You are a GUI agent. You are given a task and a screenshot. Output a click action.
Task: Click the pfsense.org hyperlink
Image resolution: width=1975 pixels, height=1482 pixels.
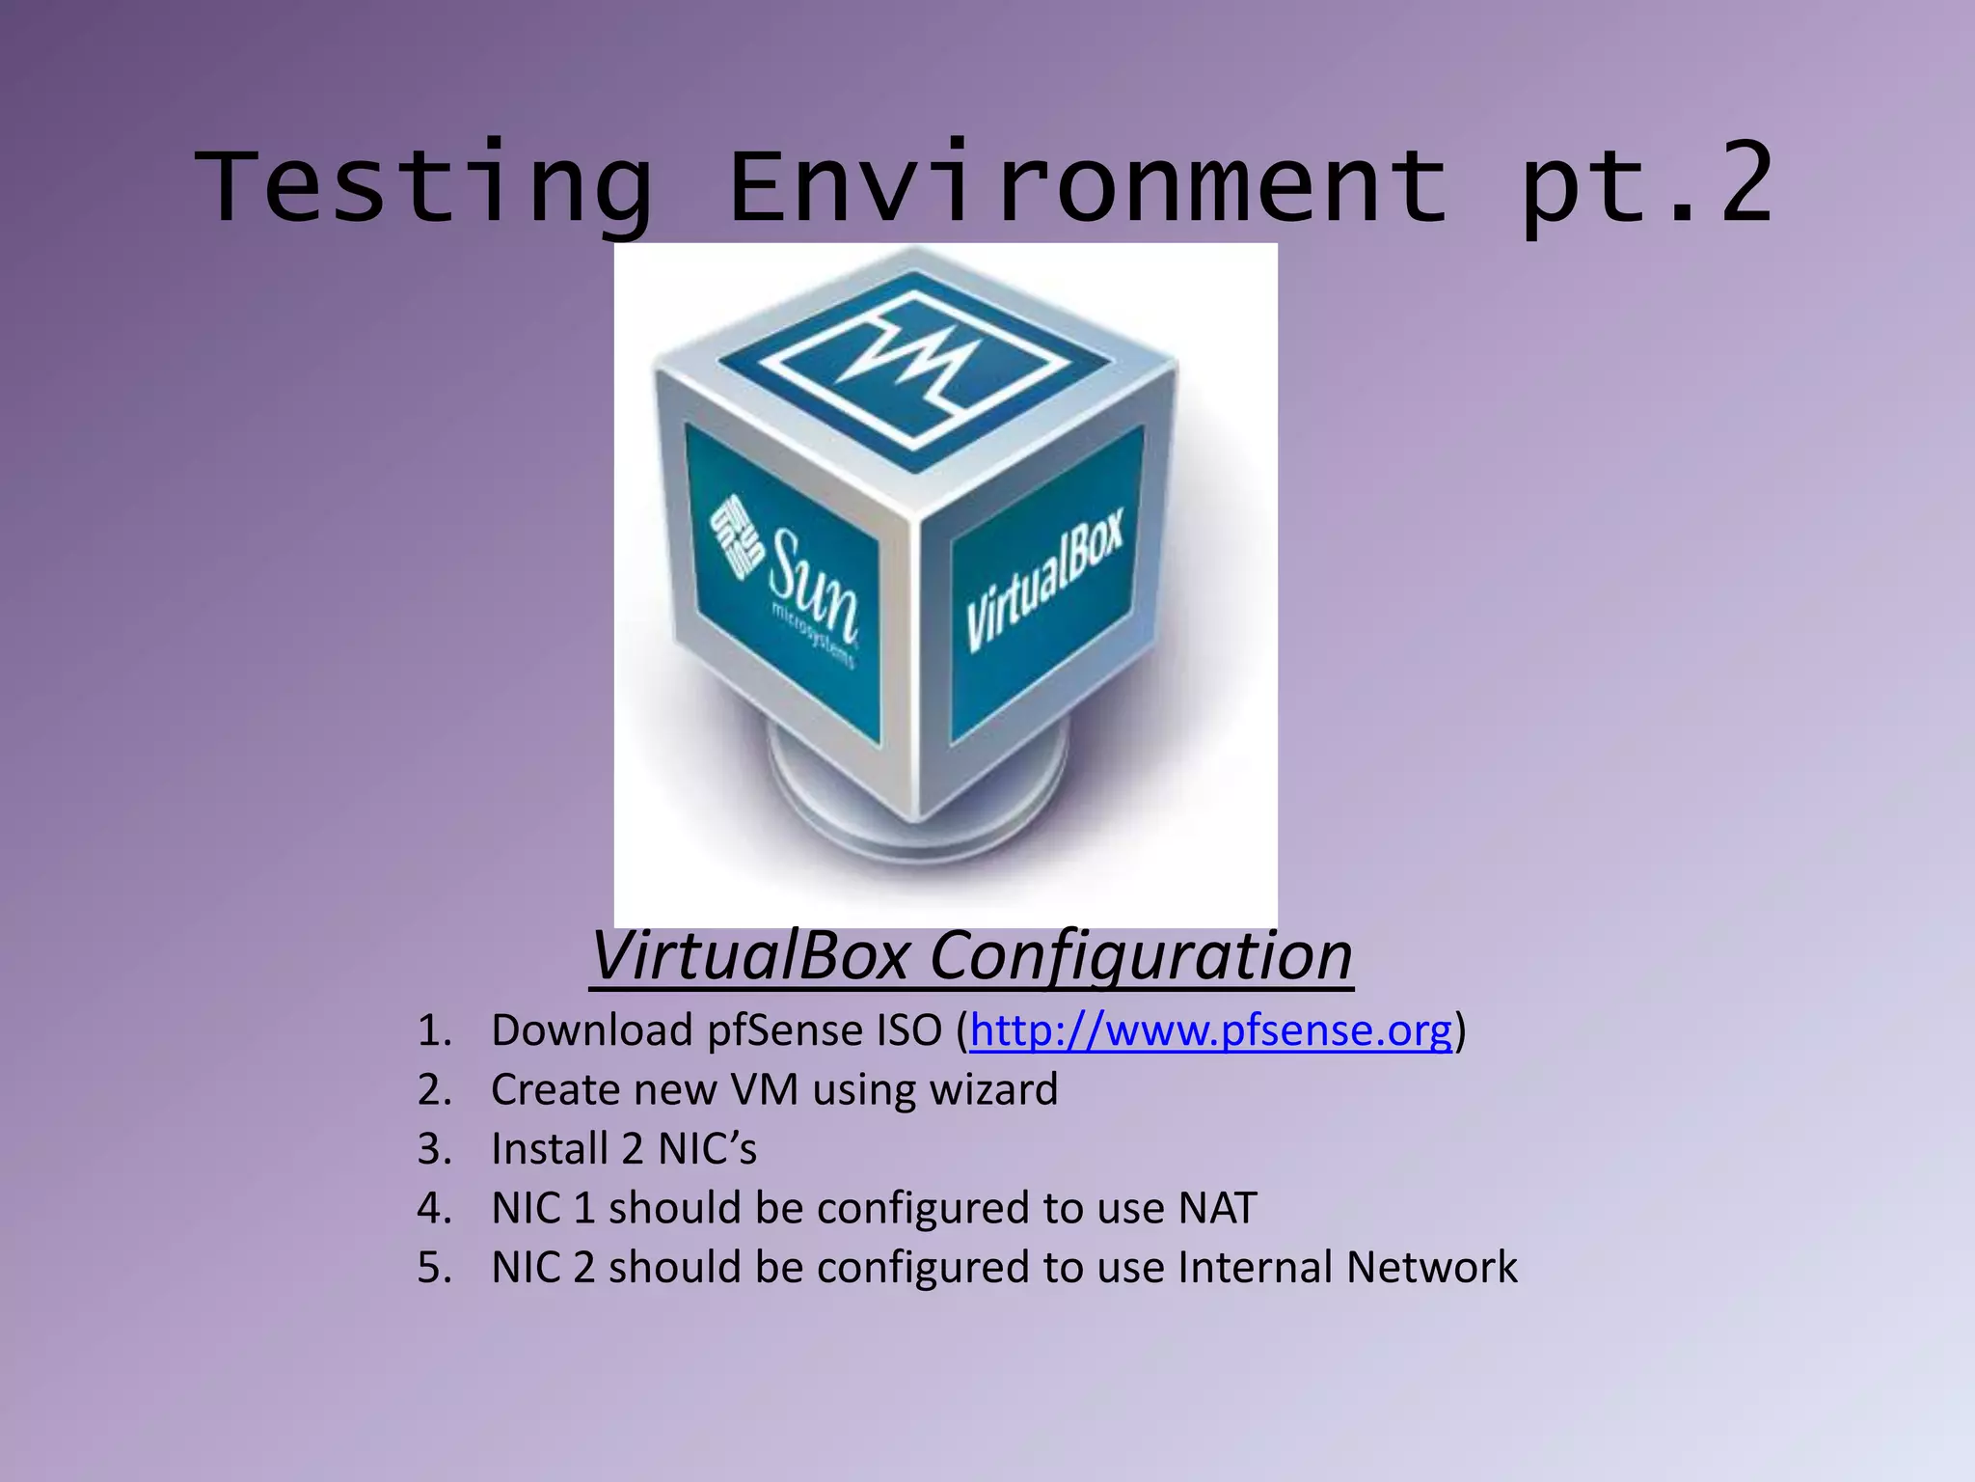(x=1210, y=1030)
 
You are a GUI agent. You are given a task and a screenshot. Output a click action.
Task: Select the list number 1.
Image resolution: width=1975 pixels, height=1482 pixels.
(x=433, y=1030)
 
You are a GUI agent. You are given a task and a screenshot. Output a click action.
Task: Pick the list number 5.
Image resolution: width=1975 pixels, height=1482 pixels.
(x=433, y=1267)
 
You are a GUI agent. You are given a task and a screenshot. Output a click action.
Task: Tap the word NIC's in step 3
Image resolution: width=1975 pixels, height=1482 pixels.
(x=707, y=1149)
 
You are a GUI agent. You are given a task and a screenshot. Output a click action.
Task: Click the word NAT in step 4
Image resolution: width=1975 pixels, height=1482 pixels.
(x=1217, y=1208)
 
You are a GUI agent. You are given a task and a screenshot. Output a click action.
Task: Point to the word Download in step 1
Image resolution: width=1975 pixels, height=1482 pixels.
(x=592, y=1030)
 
